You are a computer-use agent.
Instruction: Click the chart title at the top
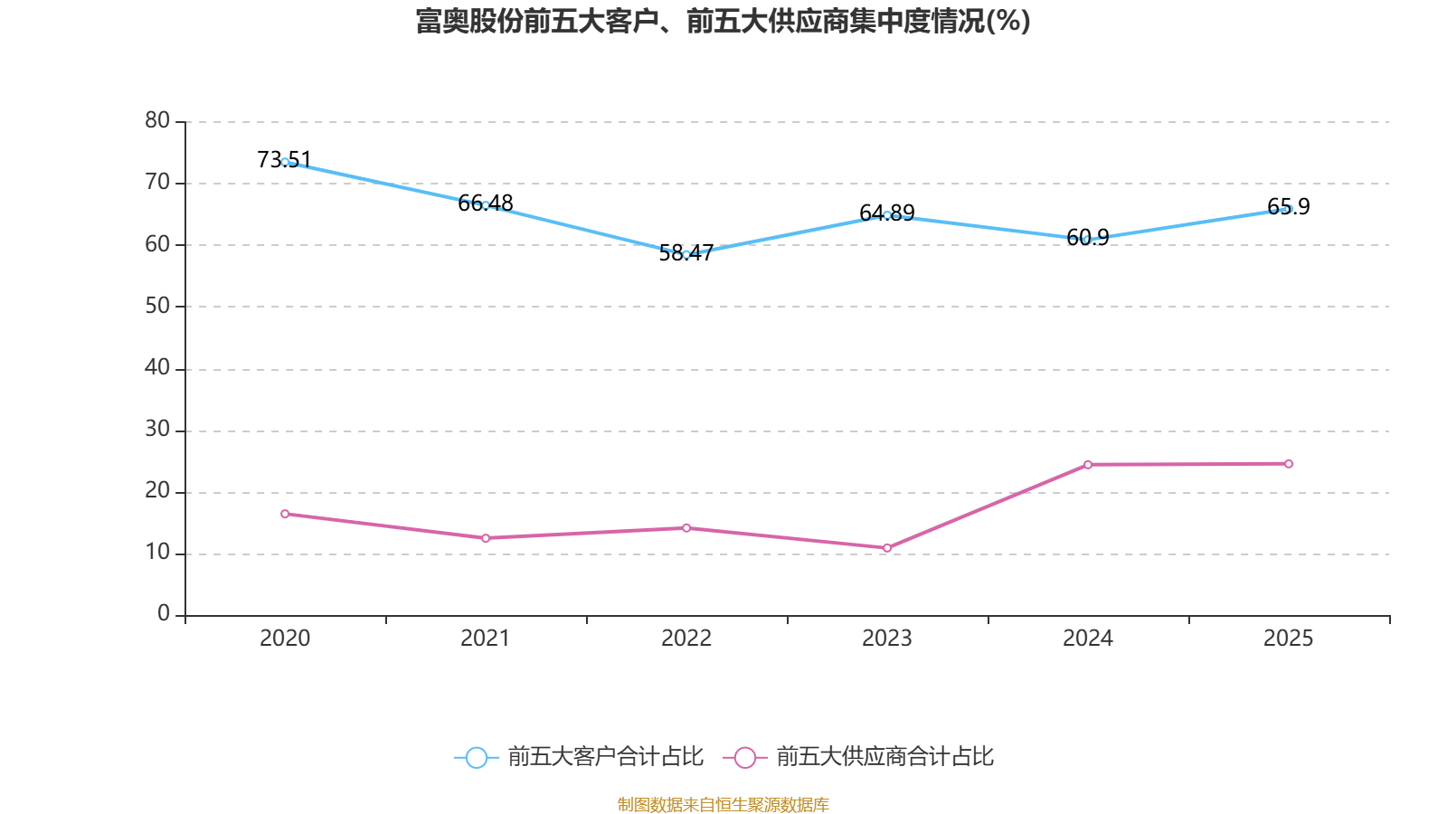point(723,21)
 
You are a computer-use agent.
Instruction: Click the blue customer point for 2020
point(285,162)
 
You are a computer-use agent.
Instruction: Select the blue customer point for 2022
point(686,255)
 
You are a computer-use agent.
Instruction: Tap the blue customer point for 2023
point(887,215)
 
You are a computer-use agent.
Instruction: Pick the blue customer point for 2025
point(1289,209)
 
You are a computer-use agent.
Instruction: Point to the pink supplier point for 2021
point(486,538)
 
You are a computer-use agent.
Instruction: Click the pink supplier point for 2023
point(887,548)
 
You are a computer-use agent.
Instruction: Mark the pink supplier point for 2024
point(1088,465)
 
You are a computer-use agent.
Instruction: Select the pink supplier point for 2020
point(285,514)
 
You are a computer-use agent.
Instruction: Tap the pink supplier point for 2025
point(1289,464)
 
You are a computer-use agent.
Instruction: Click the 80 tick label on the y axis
point(157,120)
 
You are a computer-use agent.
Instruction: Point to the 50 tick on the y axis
point(157,306)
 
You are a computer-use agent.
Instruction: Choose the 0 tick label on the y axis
point(164,614)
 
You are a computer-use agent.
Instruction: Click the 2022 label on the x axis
point(686,639)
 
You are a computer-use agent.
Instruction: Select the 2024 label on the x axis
point(1088,639)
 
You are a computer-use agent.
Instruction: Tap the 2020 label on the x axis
point(285,639)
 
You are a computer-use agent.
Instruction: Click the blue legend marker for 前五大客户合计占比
point(476,757)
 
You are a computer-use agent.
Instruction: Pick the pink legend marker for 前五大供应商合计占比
point(744,757)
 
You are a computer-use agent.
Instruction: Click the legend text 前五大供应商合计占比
point(884,757)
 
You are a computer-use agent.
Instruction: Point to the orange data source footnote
point(723,804)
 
